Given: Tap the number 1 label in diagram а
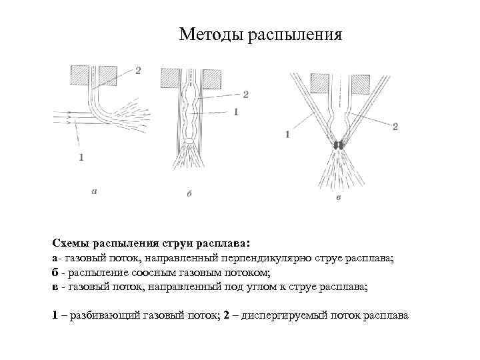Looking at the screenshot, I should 81,157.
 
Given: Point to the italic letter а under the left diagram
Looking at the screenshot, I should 94,191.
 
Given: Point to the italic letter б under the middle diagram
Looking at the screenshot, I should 189,193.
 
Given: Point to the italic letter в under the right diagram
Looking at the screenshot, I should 339,198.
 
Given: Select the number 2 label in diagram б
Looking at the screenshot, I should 245,95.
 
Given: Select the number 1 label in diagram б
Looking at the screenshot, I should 236,113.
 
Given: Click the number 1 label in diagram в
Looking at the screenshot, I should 287,135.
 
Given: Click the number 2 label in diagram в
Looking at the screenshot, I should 395,126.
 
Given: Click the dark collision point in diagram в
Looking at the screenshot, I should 338,145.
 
